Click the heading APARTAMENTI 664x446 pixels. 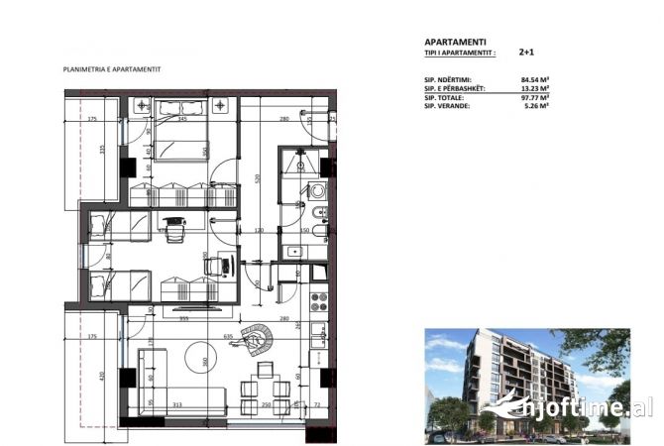point(455,43)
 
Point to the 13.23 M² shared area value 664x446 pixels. point(535,88)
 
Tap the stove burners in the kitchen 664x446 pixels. point(319,299)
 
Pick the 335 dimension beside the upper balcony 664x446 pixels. point(101,150)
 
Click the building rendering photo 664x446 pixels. point(526,383)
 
